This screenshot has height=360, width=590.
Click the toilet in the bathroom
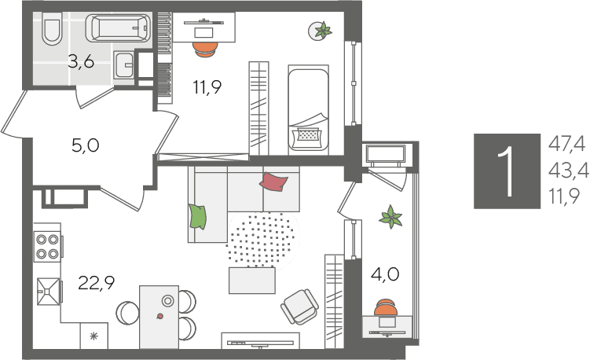click(52, 28)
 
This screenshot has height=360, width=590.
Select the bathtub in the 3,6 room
click(118, 28)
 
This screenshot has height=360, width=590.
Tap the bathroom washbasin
click(124, 64)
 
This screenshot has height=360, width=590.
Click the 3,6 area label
click(81, 61)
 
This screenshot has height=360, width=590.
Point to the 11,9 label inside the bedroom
click(207, 87)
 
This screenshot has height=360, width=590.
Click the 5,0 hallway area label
click(86, 145)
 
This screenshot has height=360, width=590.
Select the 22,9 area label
click(97, 283)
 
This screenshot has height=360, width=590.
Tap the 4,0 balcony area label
click(385, 274)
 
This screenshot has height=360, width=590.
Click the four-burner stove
click(48, 246)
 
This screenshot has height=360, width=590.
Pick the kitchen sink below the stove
click(48, 291)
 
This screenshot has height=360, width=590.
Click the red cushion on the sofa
click(273, 182)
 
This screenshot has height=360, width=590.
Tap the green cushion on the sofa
click(198, 216)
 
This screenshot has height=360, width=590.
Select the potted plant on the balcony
click(391, 217)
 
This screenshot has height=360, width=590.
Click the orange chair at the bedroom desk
click(206, 49)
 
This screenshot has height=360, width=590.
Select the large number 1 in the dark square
click(507, 171)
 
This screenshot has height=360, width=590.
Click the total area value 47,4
click(567, 144)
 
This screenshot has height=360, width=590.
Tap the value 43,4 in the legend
click(569, 171)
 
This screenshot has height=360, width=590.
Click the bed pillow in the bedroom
click(309, 134)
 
